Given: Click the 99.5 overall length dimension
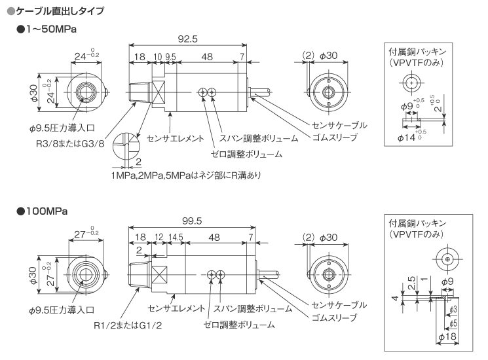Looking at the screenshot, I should pos(190,221).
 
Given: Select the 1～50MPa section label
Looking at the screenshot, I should pos(50,30).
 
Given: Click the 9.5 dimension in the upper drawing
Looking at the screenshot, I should pos(170,57).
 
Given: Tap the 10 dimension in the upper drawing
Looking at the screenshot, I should pos(157,57).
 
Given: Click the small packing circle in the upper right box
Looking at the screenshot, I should pos(410,82).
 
